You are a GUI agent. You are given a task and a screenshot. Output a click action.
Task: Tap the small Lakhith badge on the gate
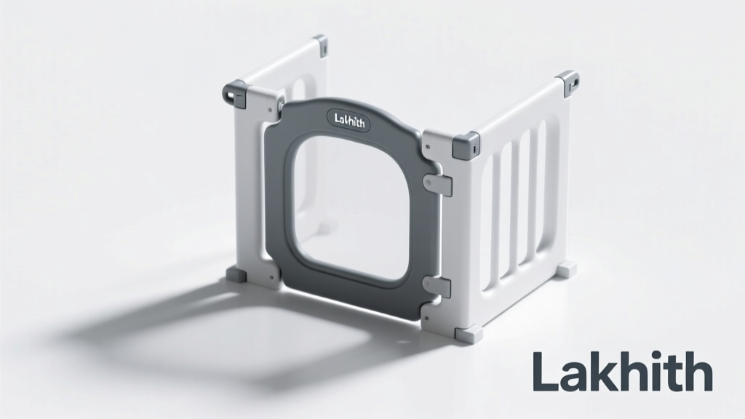(x=350, y=120)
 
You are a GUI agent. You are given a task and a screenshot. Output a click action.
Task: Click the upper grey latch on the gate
(x=437, y=184)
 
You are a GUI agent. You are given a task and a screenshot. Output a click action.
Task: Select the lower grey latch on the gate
(x=437, y=287)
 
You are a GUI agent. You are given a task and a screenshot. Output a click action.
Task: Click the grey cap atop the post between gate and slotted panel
(x=466, y=145)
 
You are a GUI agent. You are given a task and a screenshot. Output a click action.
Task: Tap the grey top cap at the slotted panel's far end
(x=567, y=81)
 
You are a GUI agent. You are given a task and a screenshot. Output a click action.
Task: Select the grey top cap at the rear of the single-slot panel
(x=321, y=45)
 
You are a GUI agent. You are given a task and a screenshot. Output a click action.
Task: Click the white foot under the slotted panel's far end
(x=566, y=270)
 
